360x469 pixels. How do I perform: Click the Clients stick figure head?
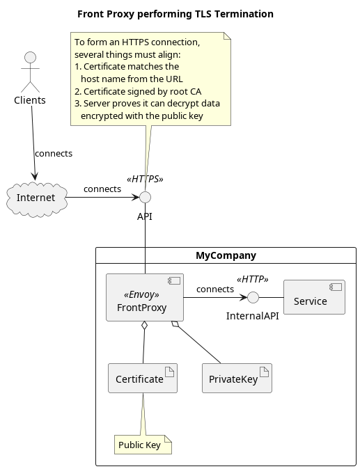30,57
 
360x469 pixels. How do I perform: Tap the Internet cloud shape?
36,198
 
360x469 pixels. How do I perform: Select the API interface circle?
145,197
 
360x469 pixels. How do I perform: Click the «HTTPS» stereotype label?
145,179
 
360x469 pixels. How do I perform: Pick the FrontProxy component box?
145,297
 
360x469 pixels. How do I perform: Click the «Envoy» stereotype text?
141,294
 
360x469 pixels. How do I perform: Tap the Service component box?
314,297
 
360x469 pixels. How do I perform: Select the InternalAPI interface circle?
253,297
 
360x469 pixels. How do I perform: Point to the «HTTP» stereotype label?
253,279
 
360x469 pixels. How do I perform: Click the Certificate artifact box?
143,378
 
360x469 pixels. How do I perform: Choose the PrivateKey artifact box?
237,378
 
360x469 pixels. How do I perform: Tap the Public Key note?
143,445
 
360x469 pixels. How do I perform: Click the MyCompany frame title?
226,255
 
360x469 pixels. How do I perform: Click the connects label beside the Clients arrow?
54,154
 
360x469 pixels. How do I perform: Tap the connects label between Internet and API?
102,189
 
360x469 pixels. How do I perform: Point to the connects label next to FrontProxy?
215,289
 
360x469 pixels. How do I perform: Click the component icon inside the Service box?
336,287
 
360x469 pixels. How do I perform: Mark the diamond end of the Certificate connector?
145,326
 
